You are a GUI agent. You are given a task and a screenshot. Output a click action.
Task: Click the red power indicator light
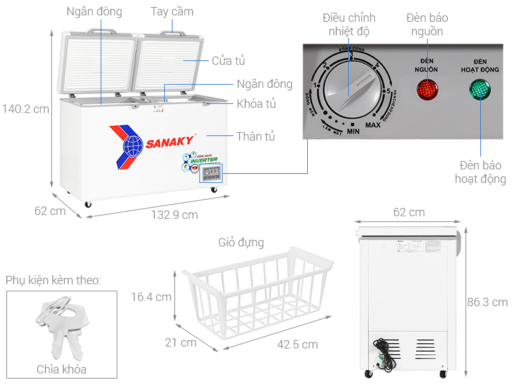(x=428, y=90)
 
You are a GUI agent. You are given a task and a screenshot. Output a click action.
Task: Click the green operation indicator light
(x=480, y=90)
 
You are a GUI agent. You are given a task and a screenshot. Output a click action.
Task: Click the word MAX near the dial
(x=373, y=125)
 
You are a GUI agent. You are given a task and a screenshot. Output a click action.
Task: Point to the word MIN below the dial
(x=353, y=132)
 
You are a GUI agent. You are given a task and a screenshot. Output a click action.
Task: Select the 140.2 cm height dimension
(x=26, y=109)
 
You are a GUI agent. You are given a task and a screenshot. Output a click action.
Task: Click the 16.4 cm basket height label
(x=151, y=296)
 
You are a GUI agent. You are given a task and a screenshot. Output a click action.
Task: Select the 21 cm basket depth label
(x=180, y=343)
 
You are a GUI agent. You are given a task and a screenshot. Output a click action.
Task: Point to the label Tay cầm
(x=172, y=12)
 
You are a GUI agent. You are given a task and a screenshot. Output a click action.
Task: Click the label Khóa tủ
(x=256, y=103)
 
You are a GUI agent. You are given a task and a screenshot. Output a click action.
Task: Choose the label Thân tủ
(x=255, y=136)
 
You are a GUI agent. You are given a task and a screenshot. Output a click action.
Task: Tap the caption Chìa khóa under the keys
(x=62, y=369)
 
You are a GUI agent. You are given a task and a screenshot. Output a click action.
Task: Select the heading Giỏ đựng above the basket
(x=240, y=243)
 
